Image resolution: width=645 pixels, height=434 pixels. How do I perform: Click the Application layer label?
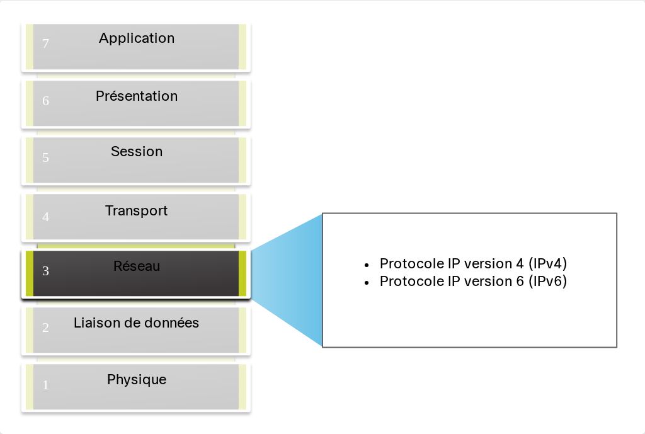137,38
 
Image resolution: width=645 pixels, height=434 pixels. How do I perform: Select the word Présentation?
137,96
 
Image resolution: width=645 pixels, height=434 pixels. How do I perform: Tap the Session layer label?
137,151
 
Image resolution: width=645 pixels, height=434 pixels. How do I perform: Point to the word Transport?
136,210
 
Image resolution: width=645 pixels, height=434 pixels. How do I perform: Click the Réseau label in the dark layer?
137,266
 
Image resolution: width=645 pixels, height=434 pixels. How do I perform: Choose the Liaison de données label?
136,323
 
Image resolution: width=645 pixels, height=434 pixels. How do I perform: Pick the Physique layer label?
137,380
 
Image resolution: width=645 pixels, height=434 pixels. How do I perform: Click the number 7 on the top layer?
45,43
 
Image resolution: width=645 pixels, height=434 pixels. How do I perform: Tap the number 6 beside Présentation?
45,100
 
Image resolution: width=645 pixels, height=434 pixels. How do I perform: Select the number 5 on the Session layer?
45,157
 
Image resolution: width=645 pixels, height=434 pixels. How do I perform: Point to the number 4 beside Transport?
45,217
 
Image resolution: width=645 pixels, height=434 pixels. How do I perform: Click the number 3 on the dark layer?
45,271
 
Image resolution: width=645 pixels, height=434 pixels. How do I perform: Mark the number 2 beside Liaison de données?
45,328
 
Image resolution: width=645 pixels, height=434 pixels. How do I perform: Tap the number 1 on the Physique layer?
45,385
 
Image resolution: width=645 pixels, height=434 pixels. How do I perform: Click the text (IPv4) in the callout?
547,264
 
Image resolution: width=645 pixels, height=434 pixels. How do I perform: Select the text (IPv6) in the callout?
547,282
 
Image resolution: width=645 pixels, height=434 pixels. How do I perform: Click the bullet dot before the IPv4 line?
367,265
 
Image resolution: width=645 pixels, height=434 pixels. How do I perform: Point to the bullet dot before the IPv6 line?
367,283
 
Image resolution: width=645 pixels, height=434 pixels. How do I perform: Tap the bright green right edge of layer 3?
243,273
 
